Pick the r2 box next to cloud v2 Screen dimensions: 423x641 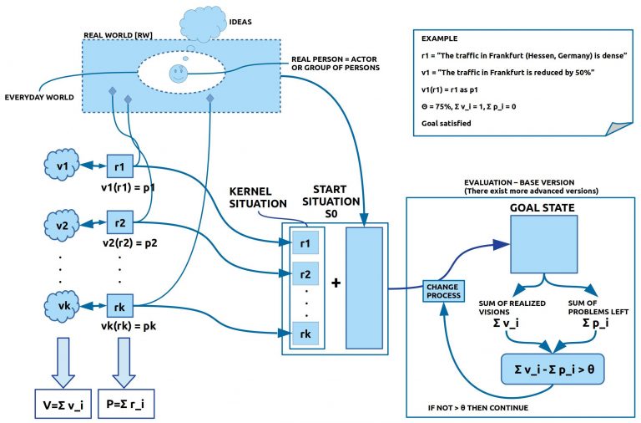(x=119, y=224)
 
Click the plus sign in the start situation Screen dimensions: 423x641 (x=336, y=283)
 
